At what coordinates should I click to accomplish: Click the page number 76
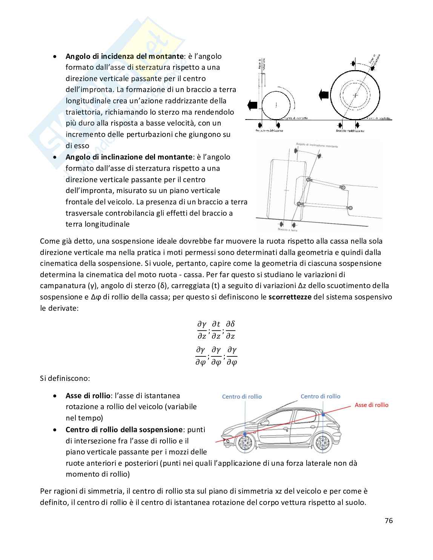tap(388, 520)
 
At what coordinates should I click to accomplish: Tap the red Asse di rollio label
tap(371, 405)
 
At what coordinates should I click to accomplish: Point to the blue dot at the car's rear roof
tap(323, 414)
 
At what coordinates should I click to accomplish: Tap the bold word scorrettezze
tap(290, 296)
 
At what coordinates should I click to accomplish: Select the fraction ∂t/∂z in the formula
tap(216, 330)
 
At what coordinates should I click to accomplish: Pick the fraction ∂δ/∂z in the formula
tap(230, 330)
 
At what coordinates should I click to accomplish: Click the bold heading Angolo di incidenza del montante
tap(124, 56)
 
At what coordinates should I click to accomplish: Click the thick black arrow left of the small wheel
tap(252, 104)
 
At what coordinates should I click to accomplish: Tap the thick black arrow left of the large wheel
tap(323, 95)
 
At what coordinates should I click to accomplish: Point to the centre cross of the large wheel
tap(355, 95)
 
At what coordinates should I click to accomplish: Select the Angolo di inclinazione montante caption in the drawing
tap(317, 145)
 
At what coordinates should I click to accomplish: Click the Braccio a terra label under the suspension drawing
tap(287, 230)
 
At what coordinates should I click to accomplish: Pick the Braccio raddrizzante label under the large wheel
tap(350, 131)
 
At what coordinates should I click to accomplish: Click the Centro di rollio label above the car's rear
tap(320, 396)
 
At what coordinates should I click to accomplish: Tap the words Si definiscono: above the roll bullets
tap(64, 378)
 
